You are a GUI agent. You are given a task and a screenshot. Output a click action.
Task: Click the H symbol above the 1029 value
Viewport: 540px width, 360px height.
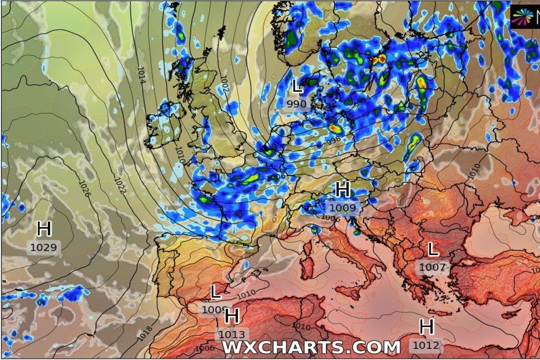44,229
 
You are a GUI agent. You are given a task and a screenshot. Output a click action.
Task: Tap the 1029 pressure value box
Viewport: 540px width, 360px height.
44,248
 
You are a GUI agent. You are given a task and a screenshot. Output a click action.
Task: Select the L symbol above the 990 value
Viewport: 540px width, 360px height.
297,87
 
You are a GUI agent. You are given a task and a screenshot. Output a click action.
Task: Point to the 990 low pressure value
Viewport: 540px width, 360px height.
296,104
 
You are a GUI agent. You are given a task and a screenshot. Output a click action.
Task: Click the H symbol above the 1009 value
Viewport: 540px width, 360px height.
343,190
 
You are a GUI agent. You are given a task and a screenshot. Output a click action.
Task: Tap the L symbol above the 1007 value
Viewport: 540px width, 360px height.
433,250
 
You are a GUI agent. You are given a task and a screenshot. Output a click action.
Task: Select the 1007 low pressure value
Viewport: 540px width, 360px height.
432,267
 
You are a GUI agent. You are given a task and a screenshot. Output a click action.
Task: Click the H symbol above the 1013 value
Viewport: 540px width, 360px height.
232,317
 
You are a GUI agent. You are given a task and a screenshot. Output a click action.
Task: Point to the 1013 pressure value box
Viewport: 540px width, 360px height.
232,334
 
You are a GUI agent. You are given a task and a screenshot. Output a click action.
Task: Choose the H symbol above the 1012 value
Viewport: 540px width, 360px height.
427,327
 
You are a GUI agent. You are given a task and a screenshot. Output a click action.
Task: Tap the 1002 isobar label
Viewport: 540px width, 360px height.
225,84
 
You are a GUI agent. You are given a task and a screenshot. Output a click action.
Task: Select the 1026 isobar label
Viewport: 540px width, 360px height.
83,189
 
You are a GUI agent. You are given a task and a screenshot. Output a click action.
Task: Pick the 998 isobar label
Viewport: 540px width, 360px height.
334,140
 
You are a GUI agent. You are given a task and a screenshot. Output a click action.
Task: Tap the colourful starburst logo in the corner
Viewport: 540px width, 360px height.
522,17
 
